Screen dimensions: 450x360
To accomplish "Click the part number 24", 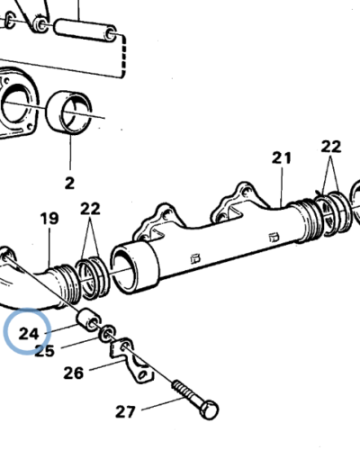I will coord(30,333).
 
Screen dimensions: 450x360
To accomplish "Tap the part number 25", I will coord(45,350).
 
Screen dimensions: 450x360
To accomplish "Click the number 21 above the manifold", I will coord(283,158).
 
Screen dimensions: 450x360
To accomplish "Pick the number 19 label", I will coord(48,218).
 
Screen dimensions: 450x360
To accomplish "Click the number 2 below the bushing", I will coord(68,184).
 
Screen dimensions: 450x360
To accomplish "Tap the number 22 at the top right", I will coord(331,147).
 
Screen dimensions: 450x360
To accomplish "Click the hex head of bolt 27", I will coord(209,410).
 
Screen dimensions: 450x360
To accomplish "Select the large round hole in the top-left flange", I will coord(20,106).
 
